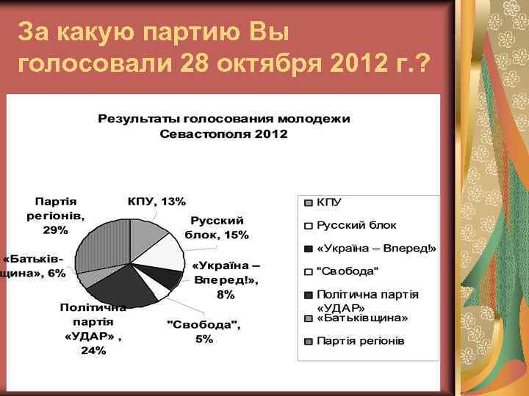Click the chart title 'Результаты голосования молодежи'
click(x=224, y=118)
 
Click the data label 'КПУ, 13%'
click(x=156, y=201)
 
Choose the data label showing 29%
click(x=56, y=215)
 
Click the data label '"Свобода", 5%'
click(x=204, y=331)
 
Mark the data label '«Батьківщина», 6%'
click(x=34, y=266)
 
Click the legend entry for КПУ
click(x=330, y=202)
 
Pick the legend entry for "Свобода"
click(x=348, y=271)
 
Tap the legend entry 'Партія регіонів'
click(x=360, y=341)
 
